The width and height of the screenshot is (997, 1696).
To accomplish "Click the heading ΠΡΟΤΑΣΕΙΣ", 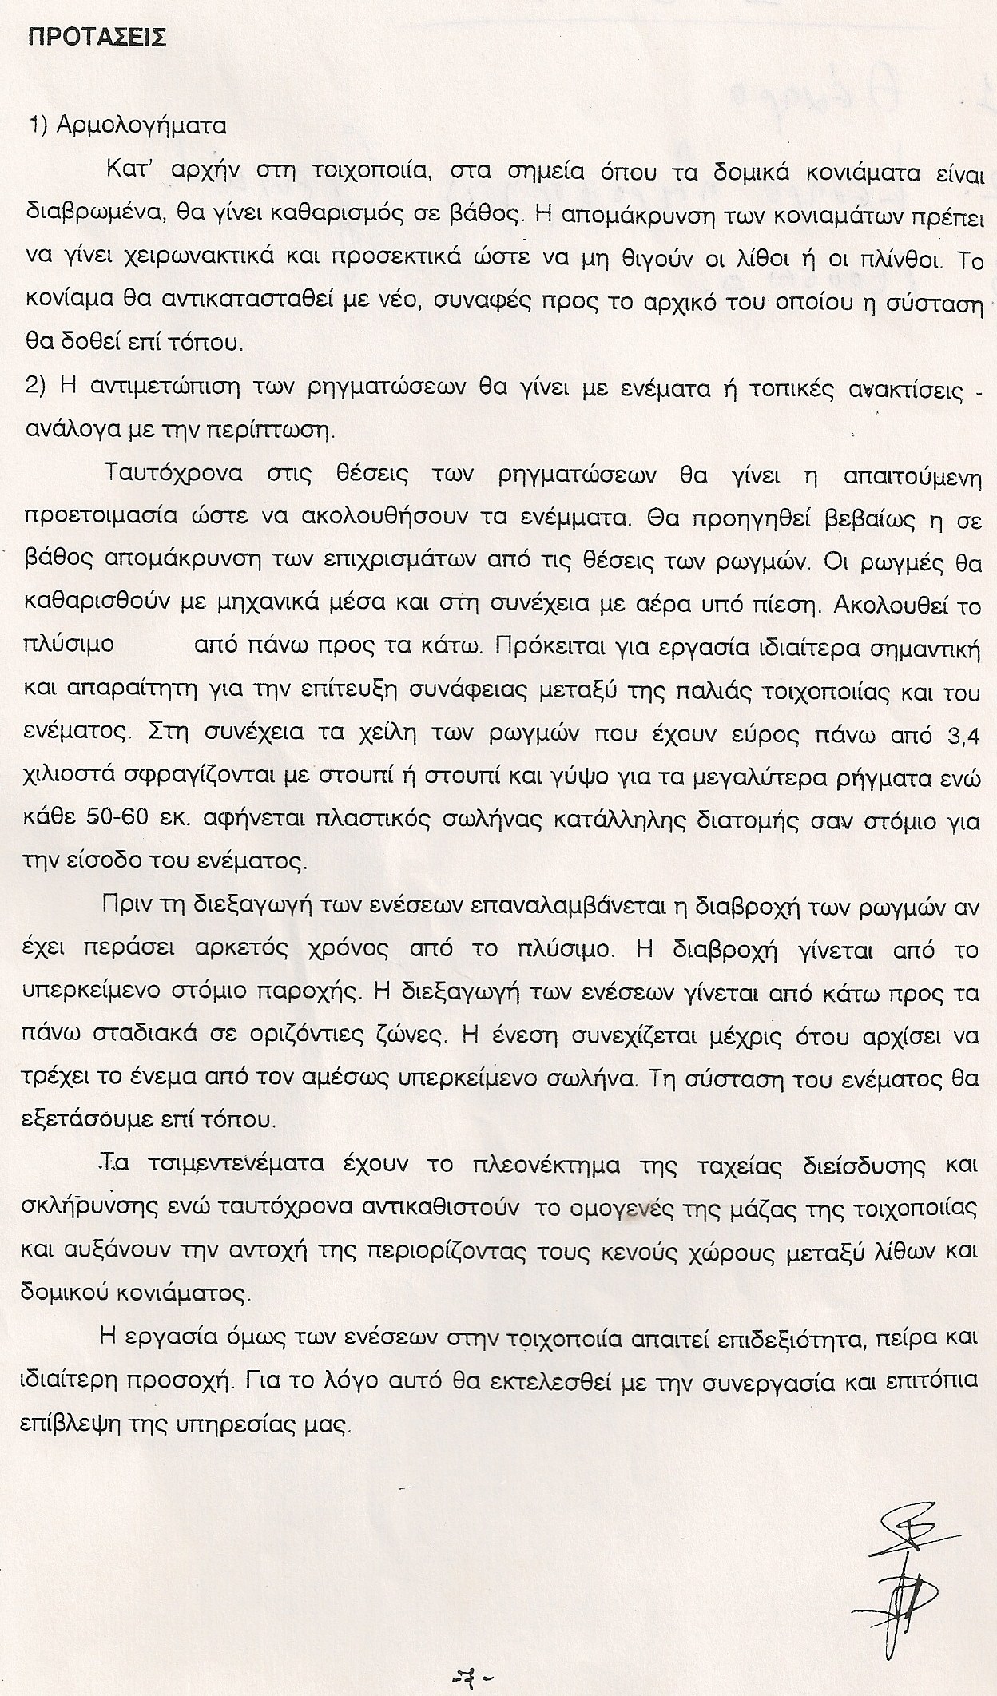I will point(97,38).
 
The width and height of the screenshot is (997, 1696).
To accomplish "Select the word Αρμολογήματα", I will point(141,125).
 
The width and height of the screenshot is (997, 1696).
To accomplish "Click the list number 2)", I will point(39,389).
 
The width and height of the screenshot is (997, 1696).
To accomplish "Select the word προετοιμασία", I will point(104,516).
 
